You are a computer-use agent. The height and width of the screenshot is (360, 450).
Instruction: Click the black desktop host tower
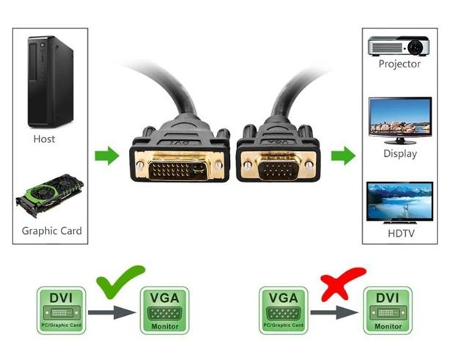coord(51,81)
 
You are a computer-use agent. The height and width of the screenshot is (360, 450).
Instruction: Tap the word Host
coord(44,139)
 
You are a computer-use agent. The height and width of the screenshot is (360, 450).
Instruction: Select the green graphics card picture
coord(51,196)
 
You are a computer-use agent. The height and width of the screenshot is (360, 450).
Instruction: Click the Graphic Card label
coord(51,231)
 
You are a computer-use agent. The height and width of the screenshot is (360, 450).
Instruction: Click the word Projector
coord(399,64)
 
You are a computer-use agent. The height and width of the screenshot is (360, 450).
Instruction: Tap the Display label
coord(399,154)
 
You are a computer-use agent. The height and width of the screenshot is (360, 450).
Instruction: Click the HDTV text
coord(399,234)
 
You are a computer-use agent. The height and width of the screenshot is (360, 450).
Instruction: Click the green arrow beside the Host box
coord(107,155)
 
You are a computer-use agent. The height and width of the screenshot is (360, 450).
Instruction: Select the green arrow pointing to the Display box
coord(342,155)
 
